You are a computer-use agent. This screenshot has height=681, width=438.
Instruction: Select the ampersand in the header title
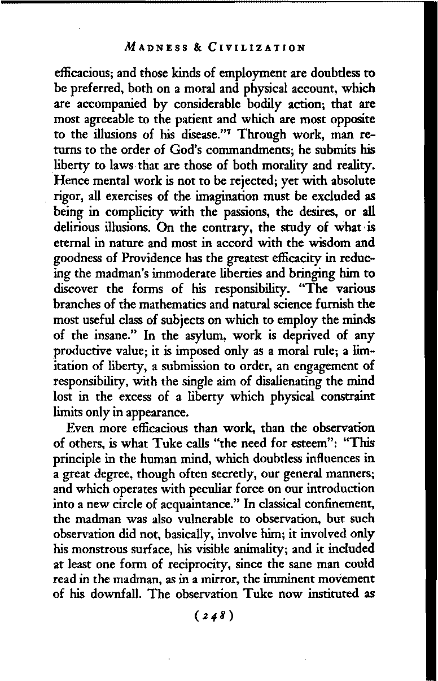point(198,47)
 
